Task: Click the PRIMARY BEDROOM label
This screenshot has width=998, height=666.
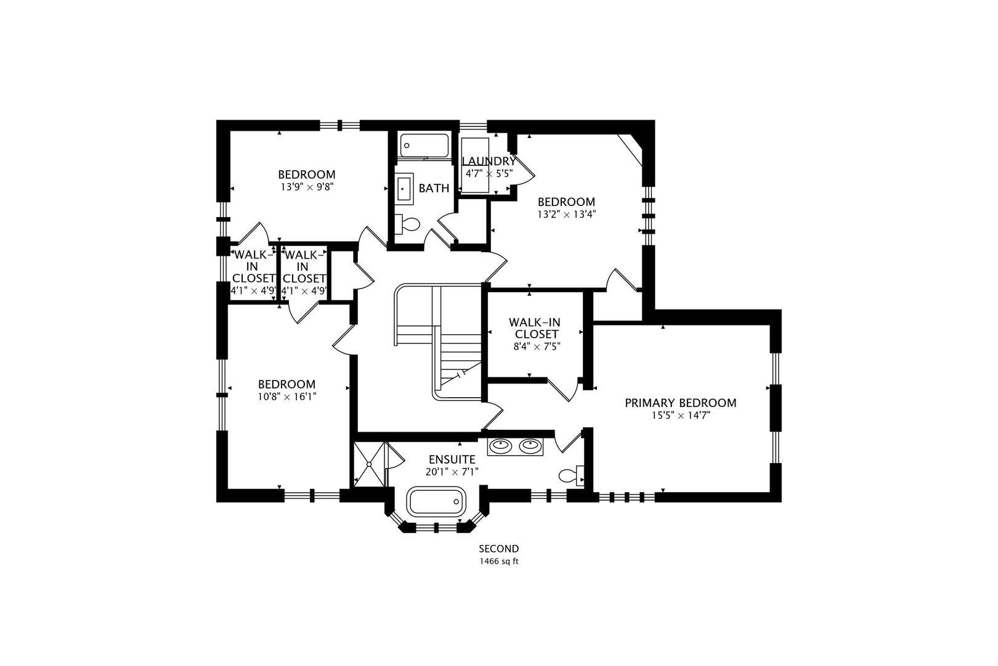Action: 680,403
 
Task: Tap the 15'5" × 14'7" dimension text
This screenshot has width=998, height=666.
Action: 680,416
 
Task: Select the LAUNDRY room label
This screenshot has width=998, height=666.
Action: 489,162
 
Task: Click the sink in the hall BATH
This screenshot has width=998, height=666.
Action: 405,188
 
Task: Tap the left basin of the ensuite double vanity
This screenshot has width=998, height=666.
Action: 501,445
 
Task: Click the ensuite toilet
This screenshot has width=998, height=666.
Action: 570,475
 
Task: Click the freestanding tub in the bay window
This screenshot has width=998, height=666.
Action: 436,501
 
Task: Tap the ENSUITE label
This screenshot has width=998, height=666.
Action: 452,459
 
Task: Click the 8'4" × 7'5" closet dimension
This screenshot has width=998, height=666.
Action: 533,347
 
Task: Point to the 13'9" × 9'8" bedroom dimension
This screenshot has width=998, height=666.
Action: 306,186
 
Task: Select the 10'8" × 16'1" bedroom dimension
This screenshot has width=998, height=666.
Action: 286,397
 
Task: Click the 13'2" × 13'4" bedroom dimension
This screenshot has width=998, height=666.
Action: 566,214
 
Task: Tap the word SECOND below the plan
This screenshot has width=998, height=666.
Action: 499,549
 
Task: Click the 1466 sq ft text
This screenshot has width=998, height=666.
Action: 499,562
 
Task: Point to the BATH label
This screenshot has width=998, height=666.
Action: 434,189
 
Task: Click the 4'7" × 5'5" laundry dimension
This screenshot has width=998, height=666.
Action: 489,174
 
